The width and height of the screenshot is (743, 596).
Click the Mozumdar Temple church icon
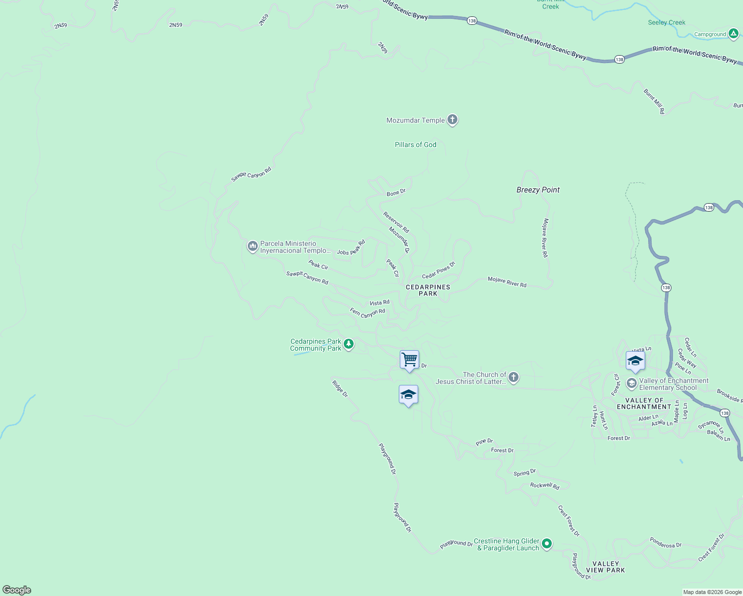[x=452, y=120]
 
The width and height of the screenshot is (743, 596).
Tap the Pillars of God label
[x=415, y=145]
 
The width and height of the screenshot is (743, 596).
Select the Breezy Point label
[x=538, y=190]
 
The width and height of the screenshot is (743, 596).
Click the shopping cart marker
[x=409, y=360]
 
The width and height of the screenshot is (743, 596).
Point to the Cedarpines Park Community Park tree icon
[x=349, y=344]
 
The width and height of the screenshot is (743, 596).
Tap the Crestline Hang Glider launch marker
[x=547, y=544]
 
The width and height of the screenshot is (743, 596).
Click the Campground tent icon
[x=734, y=34]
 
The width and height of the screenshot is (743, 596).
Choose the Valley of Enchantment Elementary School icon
[x=631, y=383]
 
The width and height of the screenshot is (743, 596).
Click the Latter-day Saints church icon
[x=514, y=377]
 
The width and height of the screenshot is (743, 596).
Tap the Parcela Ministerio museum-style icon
[x=252, y=246]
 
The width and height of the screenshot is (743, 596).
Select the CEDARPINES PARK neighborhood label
[x=428, y=290]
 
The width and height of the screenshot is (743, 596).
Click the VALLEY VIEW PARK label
[x=605, y=567]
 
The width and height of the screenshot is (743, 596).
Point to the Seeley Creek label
[x=667, y=22]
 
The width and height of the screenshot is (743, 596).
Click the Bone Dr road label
[x=396, y=192]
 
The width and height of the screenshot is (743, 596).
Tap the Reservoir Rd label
[x=396, y=222]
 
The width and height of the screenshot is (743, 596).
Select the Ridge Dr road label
[x=340, y=388]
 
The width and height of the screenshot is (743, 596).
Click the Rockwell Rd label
[x=544, y=486]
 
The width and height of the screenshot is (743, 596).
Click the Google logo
[x=17, y=590]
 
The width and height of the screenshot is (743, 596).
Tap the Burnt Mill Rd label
[x=654, y=101]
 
